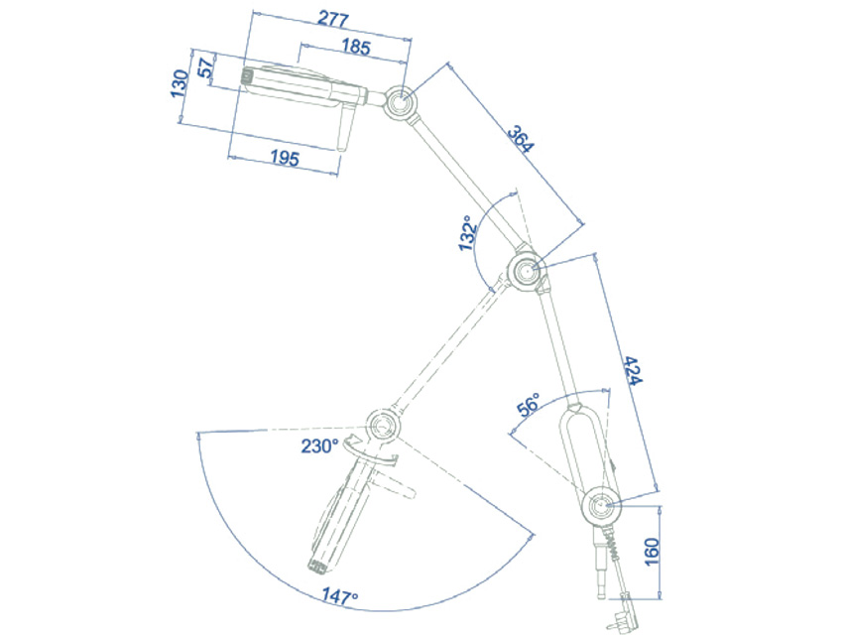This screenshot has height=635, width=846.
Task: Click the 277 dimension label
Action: tap(333, 20)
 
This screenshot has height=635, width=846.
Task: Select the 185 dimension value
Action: tap(356, 47)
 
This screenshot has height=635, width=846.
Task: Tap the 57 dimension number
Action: tap(206, 68)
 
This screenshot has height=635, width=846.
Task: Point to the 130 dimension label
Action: tap(180, 83)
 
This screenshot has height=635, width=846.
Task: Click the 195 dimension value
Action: tap(285, 158)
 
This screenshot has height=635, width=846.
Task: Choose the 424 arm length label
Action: tap(632, 370)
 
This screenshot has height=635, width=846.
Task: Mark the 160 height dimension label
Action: tap(653, 552)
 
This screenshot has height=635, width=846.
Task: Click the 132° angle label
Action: tap(468, 233)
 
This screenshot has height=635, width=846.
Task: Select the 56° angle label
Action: tap(529, 405)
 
